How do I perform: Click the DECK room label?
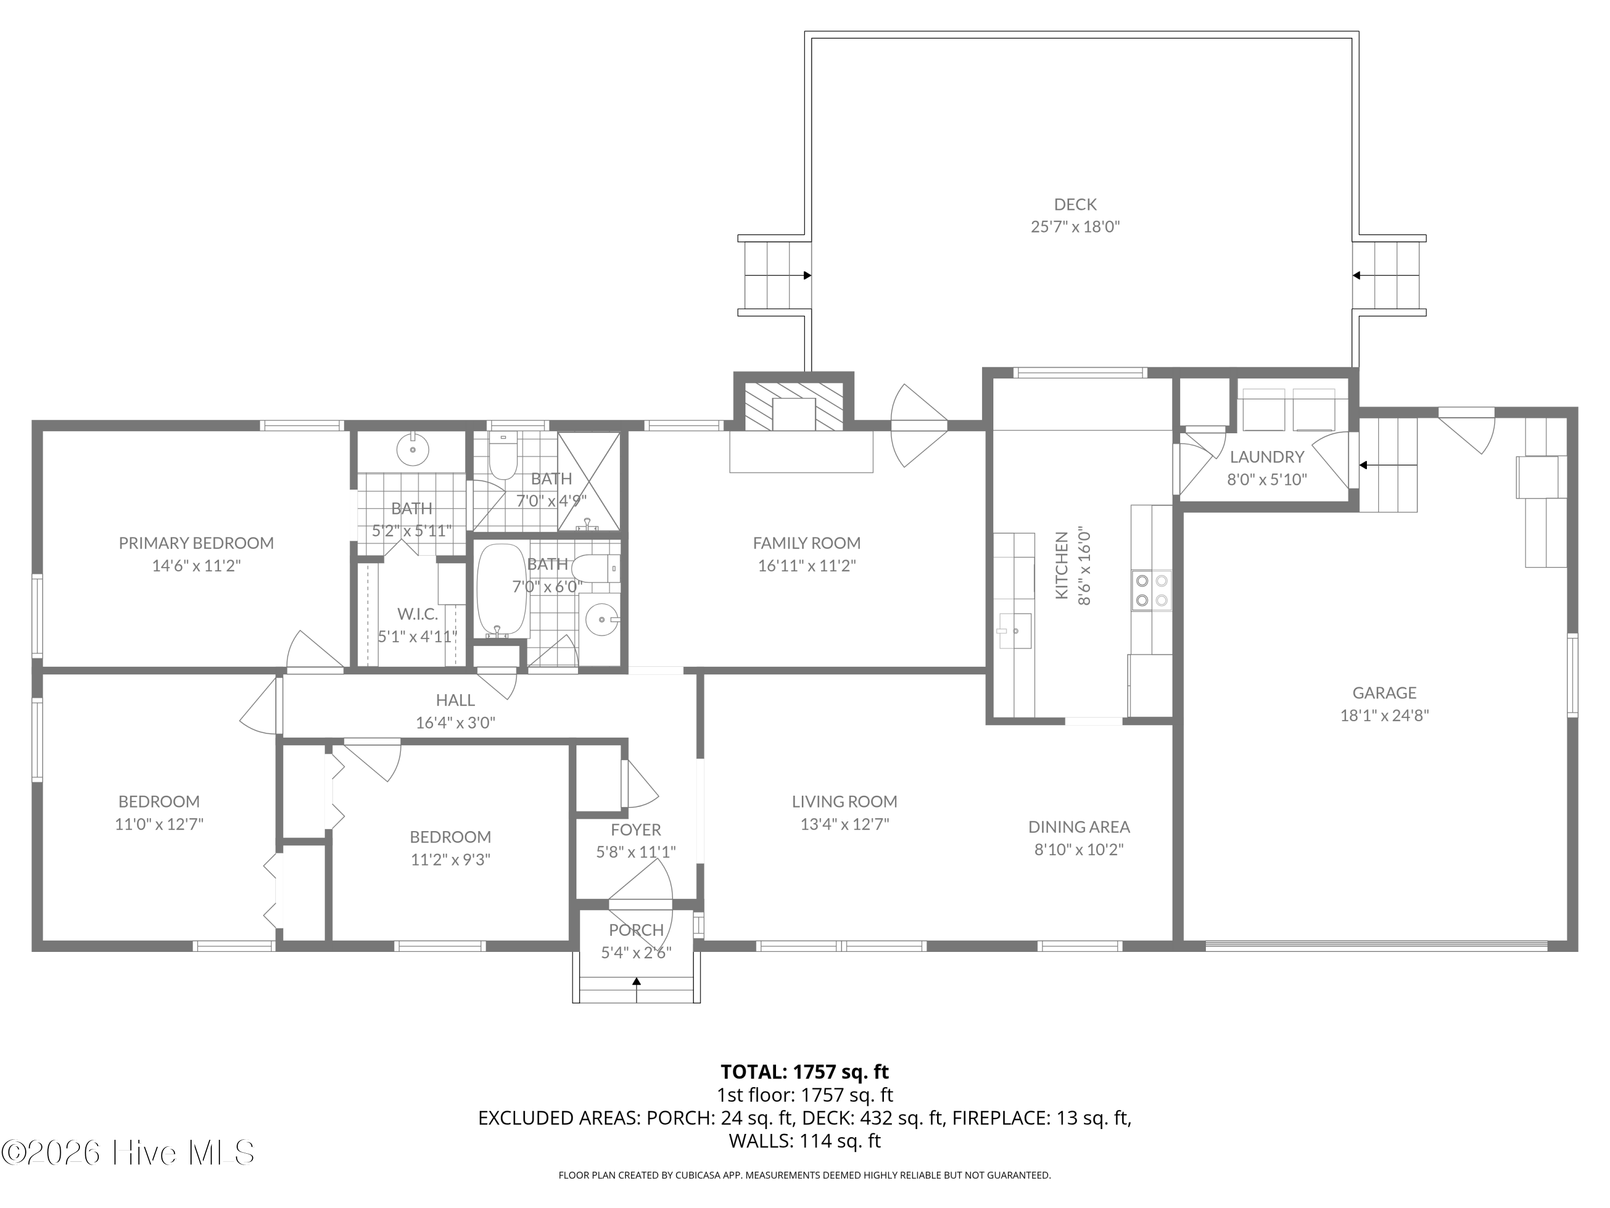tap(1075, 205)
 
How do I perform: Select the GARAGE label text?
tap(1385, 693)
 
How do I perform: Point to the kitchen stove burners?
tap(1152, 590)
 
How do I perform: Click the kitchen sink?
tap(1015, 631)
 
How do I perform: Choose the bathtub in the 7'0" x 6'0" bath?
tap(501, 591)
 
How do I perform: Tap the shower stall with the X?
tap(589, 481)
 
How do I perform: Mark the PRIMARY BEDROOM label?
tap(196, 542)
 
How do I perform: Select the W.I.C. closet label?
tap(417, 614)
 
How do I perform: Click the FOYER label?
tap(636, 829)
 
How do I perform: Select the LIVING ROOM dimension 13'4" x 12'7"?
tap(844, 824)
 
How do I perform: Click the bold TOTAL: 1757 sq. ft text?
tap(804, 1071)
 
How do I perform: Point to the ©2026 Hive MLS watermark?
tap(128, 1153)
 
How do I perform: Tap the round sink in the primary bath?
tap(412, 449)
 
